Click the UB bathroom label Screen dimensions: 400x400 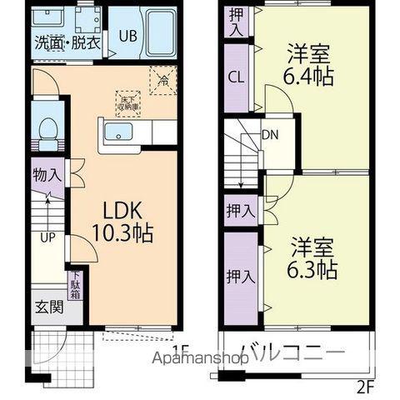click(x=127, y=36)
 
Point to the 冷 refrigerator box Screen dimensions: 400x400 click(x=162, y=81)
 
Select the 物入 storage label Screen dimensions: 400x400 click(x=47, y=175)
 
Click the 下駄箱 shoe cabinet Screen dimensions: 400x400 click(x=75, y=286)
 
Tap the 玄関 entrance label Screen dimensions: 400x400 click(x=47, y=306)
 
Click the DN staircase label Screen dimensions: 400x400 click(x=270, y=134)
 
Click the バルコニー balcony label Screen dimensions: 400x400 click(x=292, y=352)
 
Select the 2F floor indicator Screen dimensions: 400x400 click(x=367, y=386)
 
